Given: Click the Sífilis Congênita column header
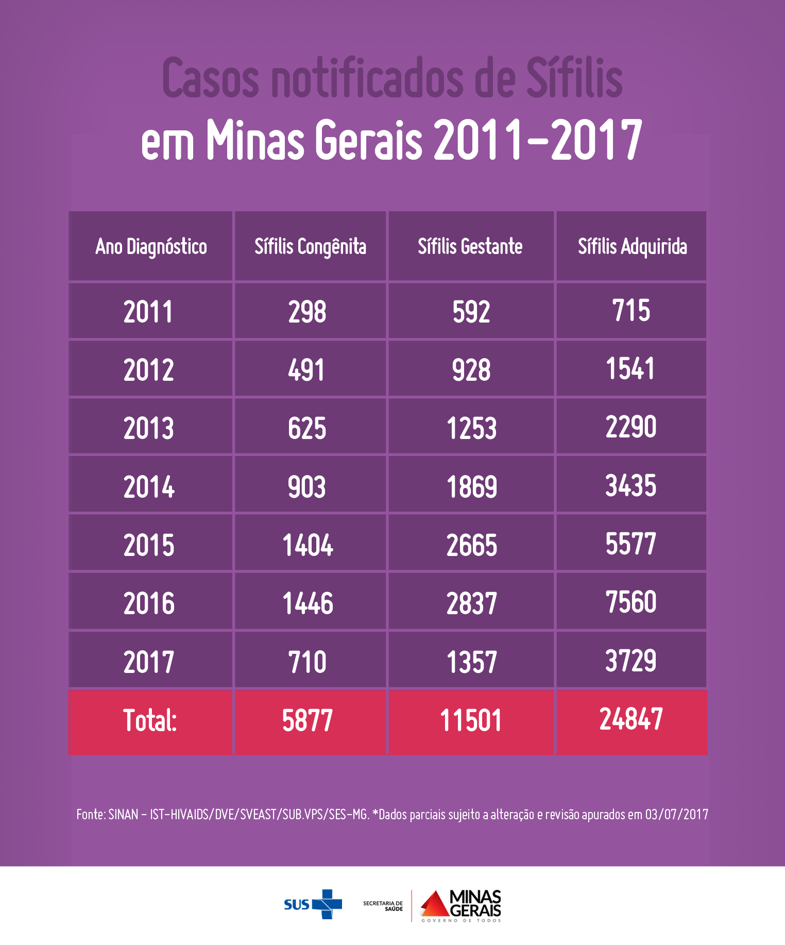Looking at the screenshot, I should (310, 247).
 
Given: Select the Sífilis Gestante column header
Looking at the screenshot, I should (470, 247).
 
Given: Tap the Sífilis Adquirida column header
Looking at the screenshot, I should (632, 247).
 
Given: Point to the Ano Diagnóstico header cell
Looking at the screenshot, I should (151, 247).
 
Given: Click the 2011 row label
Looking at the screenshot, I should (148, 312).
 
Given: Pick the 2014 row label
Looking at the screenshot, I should (149, 487).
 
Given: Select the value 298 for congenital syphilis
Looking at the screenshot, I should (307, 312).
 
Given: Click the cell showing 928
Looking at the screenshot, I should (471, 370).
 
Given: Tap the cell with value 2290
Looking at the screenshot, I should (630, 427).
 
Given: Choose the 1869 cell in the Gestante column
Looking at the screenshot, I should (471, 487).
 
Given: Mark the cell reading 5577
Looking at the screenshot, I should (630, 544).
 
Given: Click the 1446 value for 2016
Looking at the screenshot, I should (308, 603).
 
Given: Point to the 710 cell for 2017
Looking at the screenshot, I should (308, 662).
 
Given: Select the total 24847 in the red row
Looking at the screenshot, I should (631, 719).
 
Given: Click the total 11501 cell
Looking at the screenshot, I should (470, 720).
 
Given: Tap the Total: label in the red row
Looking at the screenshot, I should (149, 720).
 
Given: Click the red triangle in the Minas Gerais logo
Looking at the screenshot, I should (434, 905).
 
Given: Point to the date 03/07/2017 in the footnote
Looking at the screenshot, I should (676, 815).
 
